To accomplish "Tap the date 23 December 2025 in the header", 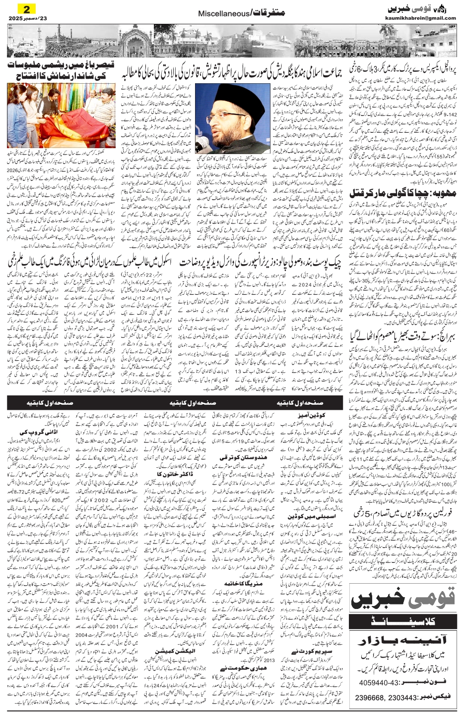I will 23,18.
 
